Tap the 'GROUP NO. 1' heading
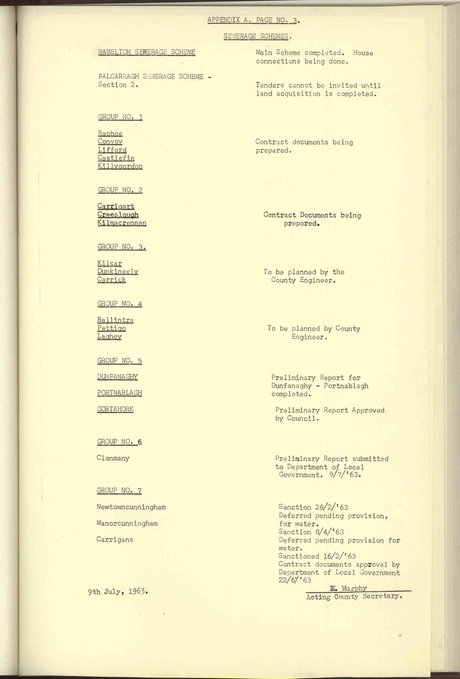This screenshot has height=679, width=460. point(120,117)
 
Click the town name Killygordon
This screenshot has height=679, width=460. point(120,166)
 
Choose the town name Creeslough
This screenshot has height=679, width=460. point(118,215)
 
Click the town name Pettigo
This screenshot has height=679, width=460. point(111,328)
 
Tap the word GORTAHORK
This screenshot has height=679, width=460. point(115,409)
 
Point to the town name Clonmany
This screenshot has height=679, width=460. point(113,458)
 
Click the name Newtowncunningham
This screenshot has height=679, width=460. point(131,507)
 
